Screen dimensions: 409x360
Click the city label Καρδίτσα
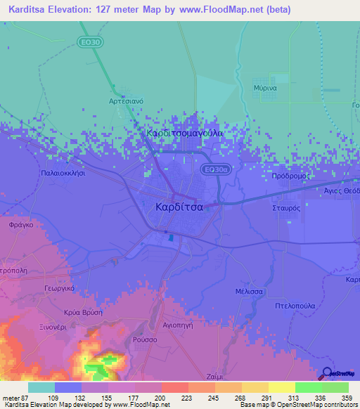coord(179,207)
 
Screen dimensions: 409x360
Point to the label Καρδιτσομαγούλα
coord(184,132)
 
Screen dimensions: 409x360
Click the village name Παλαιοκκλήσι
coord(63,172)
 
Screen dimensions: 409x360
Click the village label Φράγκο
coord(22,226)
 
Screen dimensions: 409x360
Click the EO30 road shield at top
coord(89,43)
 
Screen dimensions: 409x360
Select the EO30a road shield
coord(213,169)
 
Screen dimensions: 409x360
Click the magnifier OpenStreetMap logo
coord(328,373)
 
